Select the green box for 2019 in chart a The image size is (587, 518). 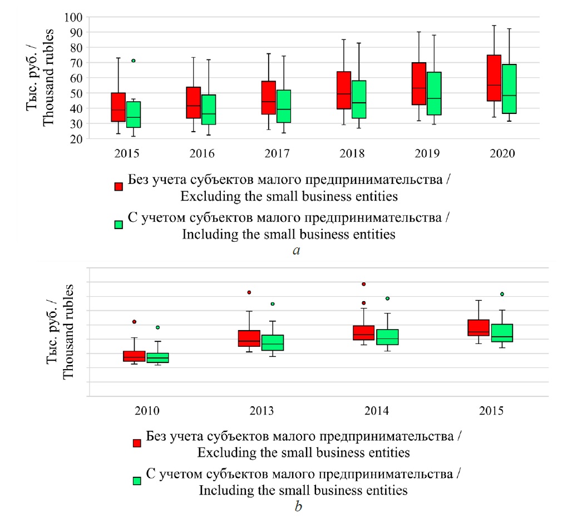[434, 93]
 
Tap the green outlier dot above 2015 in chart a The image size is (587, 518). [134, 61]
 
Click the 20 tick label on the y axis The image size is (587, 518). [75, 140]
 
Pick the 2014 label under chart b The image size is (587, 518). [376, 412]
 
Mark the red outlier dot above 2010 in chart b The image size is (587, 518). [134, 322]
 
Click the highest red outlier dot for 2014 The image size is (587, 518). [364, 284]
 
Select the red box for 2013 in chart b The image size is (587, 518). [249, 338]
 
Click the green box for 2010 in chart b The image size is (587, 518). [157, 357]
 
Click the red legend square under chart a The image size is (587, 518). [119, 187]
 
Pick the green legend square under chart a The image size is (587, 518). [119, 225]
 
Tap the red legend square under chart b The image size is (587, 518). [136, 443]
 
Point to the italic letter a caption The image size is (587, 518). [296, 251]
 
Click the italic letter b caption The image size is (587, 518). [299, 506]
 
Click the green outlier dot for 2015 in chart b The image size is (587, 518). [502, 294]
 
